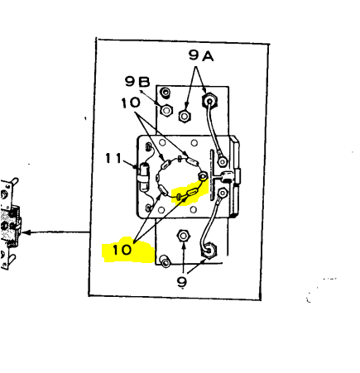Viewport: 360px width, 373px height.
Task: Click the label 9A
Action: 201,55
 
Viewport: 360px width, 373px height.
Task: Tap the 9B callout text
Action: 137,81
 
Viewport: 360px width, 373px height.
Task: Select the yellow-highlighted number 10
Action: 122,250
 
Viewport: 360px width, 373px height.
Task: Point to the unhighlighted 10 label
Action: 131,103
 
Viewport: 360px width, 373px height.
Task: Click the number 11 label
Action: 113,158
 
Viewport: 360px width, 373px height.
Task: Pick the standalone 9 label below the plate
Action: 182,282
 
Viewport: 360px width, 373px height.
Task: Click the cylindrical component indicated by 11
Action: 144,177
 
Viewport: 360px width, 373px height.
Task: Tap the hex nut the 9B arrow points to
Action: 166,111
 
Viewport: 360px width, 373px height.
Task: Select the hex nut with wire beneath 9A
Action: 209,101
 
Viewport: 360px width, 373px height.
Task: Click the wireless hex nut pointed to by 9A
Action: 185,116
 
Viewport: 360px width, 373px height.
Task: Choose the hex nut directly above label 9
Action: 183,237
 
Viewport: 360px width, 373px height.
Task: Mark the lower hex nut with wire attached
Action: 209,250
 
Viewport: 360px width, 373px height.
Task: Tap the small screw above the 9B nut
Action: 165,92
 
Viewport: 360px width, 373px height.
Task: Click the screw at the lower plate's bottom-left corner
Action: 165,261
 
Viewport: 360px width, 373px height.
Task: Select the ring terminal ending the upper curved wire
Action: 222,160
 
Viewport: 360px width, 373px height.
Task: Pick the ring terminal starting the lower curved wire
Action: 223,193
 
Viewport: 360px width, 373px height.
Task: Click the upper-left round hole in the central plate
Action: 162,143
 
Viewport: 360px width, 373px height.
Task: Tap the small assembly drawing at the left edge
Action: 10,223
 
